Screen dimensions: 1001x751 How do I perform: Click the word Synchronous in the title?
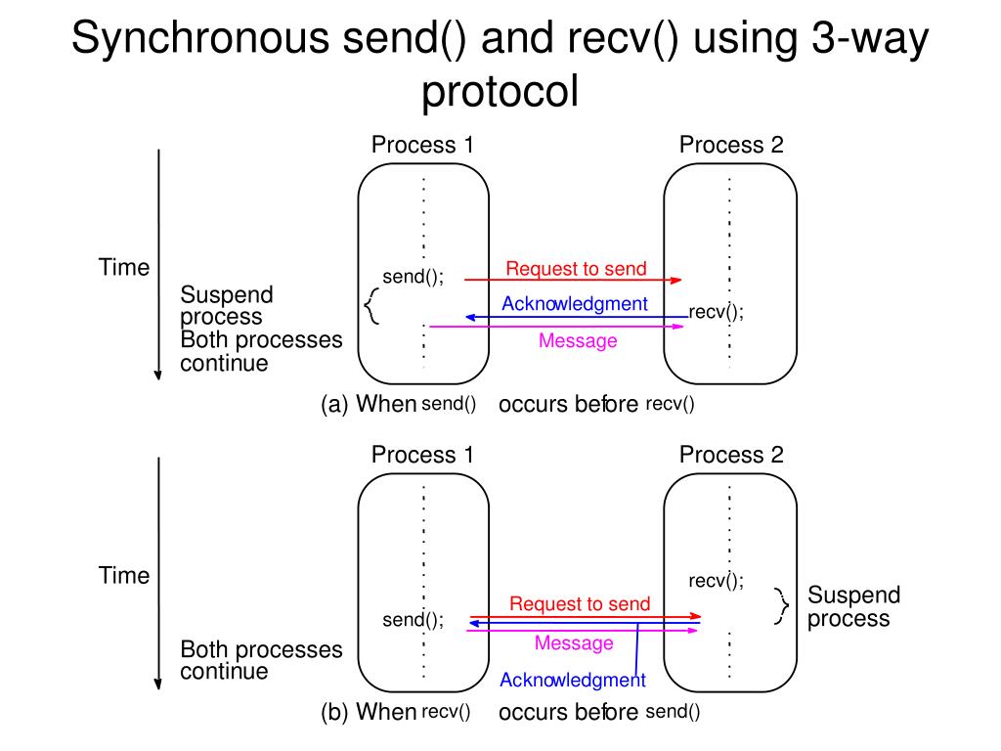[200, 38]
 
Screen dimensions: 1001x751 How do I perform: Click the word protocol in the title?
[500, 91]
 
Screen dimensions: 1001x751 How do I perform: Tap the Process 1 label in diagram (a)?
[422, 145]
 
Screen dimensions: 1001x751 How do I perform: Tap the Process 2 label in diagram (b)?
[731, 455]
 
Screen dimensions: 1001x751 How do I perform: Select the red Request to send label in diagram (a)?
[576, 268]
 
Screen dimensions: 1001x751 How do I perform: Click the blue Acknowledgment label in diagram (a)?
[575, 304]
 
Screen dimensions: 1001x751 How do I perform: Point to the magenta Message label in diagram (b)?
[574, 642]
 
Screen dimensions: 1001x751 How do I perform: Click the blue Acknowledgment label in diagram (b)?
[573, 681]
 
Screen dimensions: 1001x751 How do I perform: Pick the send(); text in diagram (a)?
[413, 277]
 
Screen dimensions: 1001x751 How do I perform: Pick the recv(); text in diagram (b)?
[716, 581]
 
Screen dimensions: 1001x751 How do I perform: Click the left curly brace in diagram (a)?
[370, 306]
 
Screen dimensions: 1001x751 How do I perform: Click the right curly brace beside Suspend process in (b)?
[782, 606]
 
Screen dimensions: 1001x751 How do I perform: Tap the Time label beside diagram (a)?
[124, 267]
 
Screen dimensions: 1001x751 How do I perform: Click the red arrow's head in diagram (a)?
[676, 280]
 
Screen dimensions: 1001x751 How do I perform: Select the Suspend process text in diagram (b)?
[854, 606]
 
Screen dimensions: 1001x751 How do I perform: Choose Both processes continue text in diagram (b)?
[261, 660]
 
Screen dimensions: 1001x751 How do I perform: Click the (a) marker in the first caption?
[334, 404]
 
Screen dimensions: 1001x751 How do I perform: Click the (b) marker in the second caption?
[334, 712]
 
